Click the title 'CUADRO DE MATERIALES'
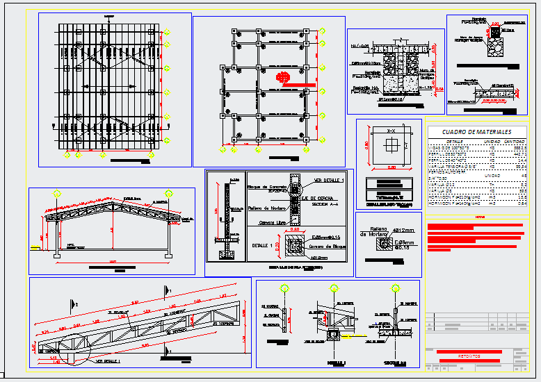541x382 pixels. click(x=476, y=132)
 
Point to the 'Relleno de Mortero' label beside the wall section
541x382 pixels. click(x=268, y=209)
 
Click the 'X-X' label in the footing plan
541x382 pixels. click(x=391, y=131)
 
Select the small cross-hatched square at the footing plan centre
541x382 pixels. click(x=391, y=144)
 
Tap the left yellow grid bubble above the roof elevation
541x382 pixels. click(x=56, y=194)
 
